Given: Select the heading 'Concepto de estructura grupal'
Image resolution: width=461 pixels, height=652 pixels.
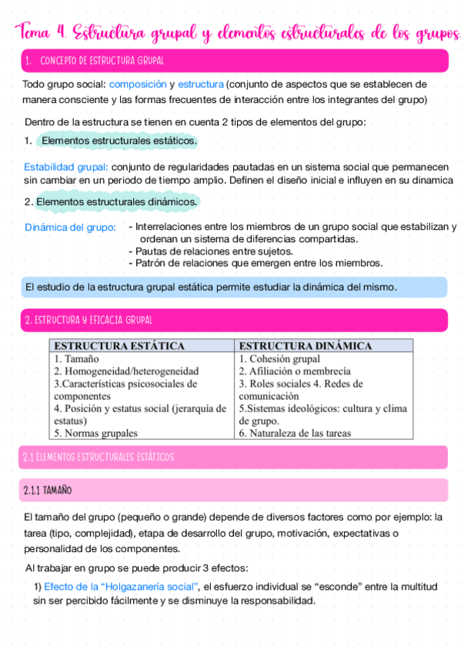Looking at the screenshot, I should pos(101,61).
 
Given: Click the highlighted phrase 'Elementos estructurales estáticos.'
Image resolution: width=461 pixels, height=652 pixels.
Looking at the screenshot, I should pos(119,141).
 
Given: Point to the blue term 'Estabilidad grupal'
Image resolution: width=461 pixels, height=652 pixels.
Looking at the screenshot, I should pos(65,166).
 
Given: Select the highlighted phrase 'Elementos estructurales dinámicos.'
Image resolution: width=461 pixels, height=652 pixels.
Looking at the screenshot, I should pos(117,201).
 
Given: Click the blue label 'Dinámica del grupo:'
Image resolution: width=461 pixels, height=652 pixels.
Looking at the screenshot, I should pos(70,228).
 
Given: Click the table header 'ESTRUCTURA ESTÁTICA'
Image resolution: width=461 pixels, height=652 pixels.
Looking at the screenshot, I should pos(119,346).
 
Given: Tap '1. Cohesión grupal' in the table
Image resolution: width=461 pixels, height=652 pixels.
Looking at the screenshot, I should pos(279,358).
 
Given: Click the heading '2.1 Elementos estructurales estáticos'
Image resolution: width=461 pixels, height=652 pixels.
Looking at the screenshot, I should pos(99,457).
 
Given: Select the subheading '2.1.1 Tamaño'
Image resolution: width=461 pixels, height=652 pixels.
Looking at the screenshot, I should pos(48,490).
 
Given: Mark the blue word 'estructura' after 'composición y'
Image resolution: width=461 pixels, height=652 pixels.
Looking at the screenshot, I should pos(201,84).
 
